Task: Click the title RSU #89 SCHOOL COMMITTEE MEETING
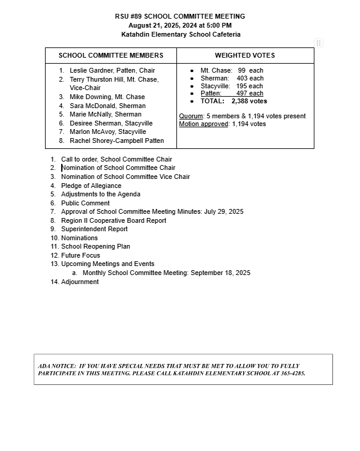(x=180, y=16)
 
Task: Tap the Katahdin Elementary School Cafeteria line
(x=180, y=34)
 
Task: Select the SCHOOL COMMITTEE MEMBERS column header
(x=111, y=55)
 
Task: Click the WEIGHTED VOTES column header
(x=245, y=55)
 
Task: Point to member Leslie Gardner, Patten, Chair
(x=112, y=70)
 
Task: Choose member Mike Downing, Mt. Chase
(x=107, y=97)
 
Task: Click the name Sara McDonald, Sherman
(x=107, y=106)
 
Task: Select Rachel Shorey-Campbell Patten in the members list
(x=116, y=141)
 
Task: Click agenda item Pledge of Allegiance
(x=91, y=186)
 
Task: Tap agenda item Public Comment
(x=85, y=203)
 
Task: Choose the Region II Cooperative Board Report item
(x=113, y=220)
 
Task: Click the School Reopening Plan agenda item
(x=95, y=246)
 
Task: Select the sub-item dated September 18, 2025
(x=166, y=273)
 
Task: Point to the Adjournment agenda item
(x=80, y=282)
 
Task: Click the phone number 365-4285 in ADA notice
(x=291, y=373)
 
